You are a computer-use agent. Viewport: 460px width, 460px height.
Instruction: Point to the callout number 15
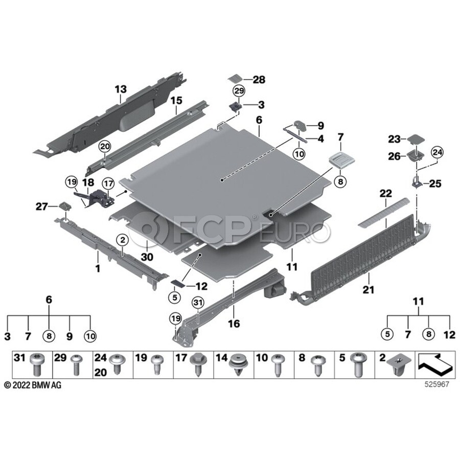coord(176,101)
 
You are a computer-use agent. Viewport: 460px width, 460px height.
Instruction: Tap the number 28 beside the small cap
coord(259,79)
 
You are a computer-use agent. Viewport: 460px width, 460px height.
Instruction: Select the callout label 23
coord(394,139)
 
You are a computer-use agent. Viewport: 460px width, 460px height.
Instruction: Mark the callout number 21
coord(369,290)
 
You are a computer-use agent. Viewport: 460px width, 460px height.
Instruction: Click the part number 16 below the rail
coord(234,324)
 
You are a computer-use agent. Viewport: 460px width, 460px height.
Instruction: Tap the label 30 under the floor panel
coord(147,258)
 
